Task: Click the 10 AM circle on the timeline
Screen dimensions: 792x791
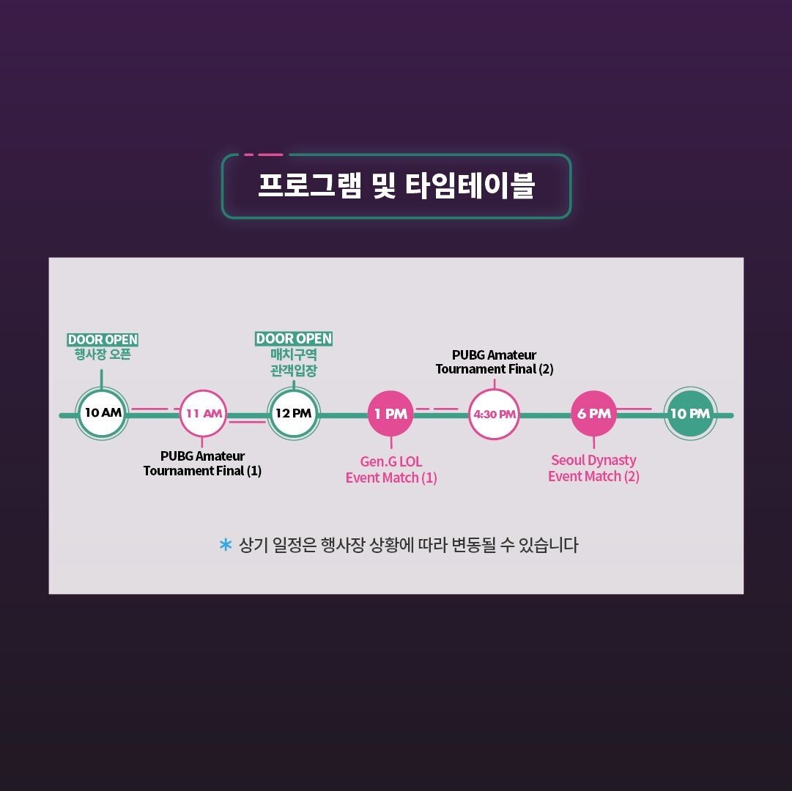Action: click(102, 413)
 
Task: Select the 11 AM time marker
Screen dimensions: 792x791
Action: click(203, 413)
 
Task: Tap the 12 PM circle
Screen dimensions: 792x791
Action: click(293, 413)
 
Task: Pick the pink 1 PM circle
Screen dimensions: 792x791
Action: click(391, 414)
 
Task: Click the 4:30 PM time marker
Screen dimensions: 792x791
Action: click(494, 414)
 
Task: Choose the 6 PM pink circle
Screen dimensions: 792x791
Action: click(593, 414)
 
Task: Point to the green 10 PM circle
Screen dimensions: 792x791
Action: click(689, 414)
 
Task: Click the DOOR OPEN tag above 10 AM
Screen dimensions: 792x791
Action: click(103, 340)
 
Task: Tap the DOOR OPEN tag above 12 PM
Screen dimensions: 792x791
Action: click(294, 338)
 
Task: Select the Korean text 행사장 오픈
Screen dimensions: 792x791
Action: click(103, 355)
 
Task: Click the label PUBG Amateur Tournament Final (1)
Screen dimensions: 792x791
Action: click(202, 464)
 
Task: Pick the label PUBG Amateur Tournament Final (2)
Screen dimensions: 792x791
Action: click(494, 362)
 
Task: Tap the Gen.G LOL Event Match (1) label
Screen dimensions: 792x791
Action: click(391, 469)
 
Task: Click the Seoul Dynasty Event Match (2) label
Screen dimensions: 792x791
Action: click(593, 468)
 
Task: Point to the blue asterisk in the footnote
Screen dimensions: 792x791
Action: click(226, 545)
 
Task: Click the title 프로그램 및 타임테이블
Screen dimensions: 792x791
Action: click(396, 186)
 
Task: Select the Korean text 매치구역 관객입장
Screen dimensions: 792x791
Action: click(294, 363)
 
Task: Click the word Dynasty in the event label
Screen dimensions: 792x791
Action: click(613, 461)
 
